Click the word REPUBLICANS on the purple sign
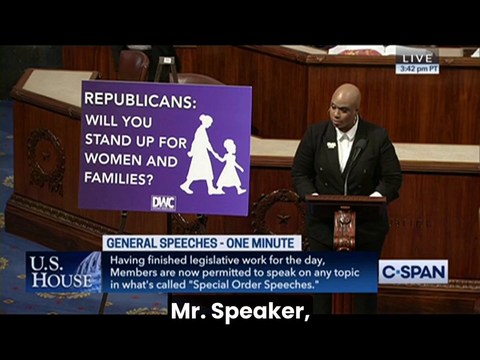pos(140,100)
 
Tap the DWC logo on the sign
pos(163,204)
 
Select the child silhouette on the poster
pos(230,166)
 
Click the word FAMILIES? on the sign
pos(119,178)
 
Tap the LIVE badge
pos(417,58)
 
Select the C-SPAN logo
pos(413,272)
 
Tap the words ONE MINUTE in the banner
pos(260,243)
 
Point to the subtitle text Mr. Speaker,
pos(240,312)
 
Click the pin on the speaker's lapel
pos(329,145)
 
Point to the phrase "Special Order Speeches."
pos(254,284)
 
